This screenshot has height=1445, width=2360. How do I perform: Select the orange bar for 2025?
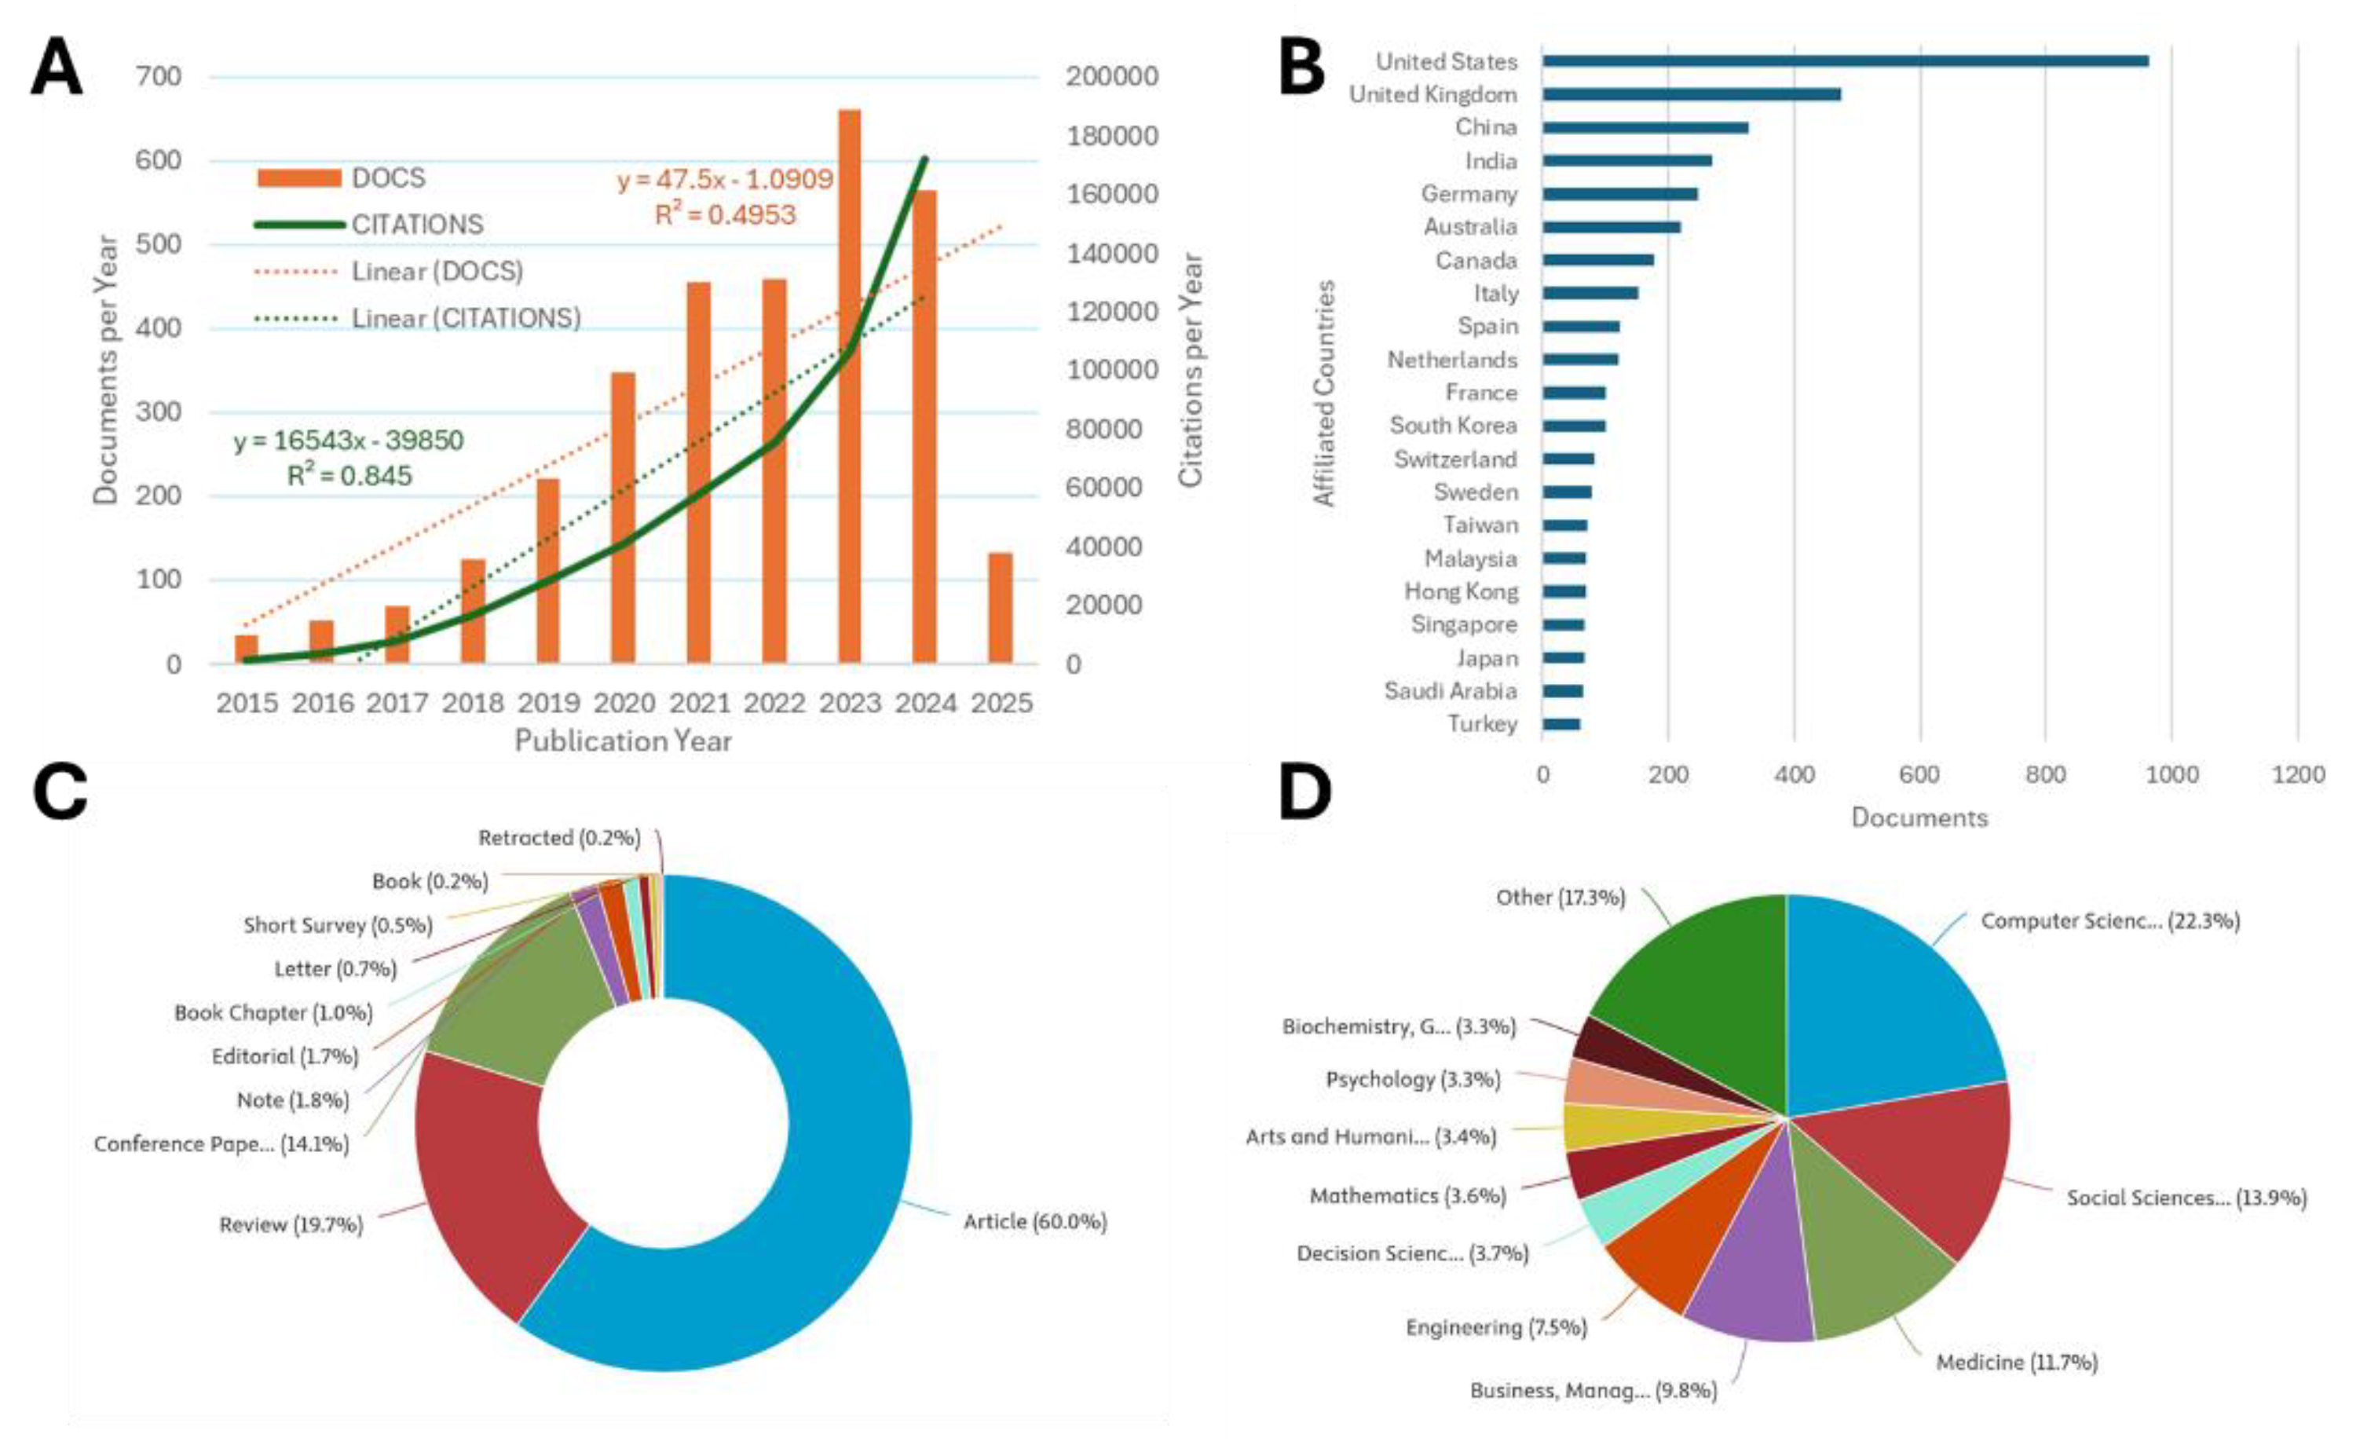coord(1000,607)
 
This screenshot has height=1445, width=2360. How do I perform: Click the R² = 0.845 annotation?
coord(349,476)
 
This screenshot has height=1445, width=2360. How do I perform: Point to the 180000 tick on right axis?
coord(1112,135)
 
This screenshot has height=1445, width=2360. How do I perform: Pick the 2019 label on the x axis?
coord(549,703)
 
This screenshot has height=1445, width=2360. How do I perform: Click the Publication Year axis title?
coord(623,741)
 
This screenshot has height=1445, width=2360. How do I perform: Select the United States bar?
coord(1844,61)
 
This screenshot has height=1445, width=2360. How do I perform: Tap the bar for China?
coord(1645,127)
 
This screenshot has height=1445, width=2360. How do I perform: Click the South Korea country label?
coord(1453,425)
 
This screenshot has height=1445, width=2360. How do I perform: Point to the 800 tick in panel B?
coord(2045,774)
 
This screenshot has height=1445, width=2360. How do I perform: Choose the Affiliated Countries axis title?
coord(1325,393)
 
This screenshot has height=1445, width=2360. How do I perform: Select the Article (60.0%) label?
coord(1034,1222)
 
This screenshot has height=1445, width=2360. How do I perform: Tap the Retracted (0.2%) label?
coord(558,838)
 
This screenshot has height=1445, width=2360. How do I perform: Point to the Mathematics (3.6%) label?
coord(1407,1196)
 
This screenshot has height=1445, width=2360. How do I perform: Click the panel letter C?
coord(60,794)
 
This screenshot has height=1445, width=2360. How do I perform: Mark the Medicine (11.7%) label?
coord(2016,1362)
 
